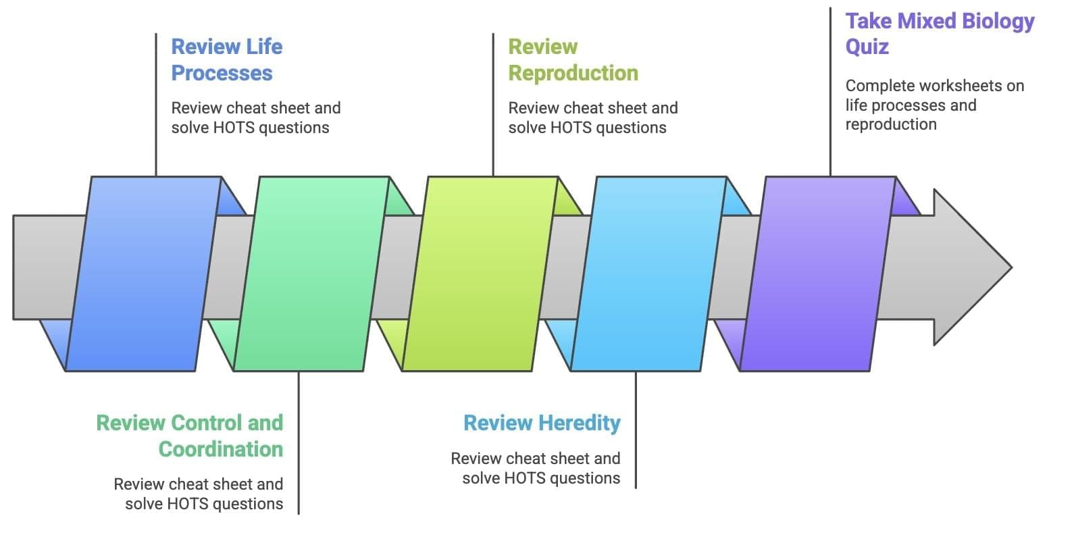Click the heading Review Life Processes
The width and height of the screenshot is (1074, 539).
point(226,59)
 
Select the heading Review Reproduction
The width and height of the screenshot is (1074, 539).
point(573,59)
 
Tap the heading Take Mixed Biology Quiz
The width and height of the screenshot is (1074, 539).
point(939,34)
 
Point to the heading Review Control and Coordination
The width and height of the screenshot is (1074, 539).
point(190,436)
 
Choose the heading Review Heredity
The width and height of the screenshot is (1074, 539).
point(542,423)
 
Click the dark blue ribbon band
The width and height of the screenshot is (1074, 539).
point(143,274)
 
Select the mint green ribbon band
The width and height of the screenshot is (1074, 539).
point(311,274)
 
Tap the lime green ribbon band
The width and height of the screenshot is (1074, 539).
point(480,274)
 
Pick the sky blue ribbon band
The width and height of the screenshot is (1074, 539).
point(648,274)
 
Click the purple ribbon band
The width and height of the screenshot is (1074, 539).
point(818,274)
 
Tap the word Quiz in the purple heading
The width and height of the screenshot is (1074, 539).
point(867,47)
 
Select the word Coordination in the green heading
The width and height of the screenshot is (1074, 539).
point(221,449)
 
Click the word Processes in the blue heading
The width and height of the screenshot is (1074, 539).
point(222,73)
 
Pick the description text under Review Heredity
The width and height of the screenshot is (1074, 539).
point(536,468)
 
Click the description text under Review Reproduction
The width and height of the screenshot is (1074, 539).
point(592,118)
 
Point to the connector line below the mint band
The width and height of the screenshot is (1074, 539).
point(299,442)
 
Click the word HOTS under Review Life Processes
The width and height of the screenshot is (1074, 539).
point(233,128)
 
